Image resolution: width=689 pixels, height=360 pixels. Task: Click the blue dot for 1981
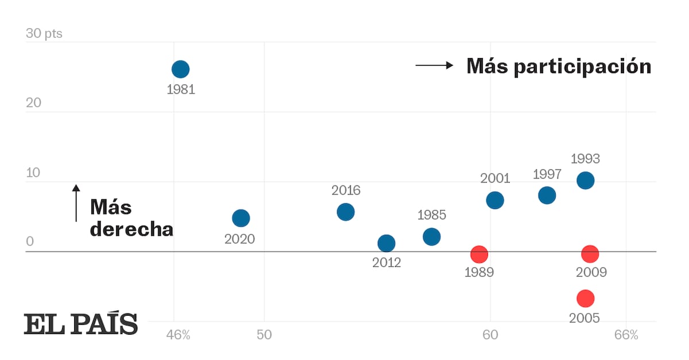180,69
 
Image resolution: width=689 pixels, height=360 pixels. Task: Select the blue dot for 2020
241,218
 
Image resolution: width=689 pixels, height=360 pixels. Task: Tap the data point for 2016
346,212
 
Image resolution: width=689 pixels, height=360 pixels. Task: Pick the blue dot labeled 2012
386,243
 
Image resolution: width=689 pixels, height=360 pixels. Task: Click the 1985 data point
431,237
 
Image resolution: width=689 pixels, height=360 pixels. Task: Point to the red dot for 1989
479,254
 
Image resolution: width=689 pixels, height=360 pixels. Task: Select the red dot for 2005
585,298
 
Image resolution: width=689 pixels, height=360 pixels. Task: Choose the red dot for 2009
590,254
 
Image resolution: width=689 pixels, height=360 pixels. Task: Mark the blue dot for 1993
585,180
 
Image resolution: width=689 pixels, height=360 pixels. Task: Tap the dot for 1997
547,195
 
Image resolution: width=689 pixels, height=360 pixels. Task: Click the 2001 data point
495,200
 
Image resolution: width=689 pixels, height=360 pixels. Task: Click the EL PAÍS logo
80,324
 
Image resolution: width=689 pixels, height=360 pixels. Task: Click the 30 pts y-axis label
44,34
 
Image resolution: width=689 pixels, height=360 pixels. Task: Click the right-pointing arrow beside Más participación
435,65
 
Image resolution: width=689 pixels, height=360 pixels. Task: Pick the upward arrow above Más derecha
76,203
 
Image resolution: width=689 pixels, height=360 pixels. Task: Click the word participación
582,67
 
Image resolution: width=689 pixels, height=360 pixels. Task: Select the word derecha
131,229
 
